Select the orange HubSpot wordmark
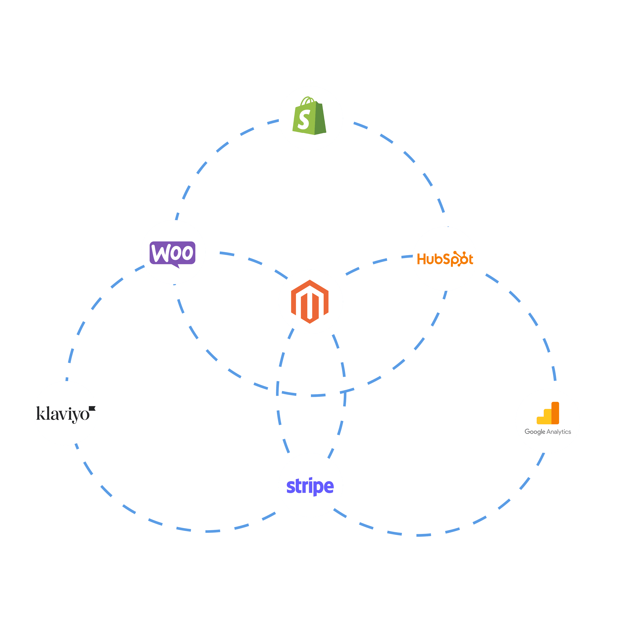click(445, 259)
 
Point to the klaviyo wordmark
click(63, 414)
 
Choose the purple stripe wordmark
click(310, 486)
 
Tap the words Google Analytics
click(548, 432)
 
